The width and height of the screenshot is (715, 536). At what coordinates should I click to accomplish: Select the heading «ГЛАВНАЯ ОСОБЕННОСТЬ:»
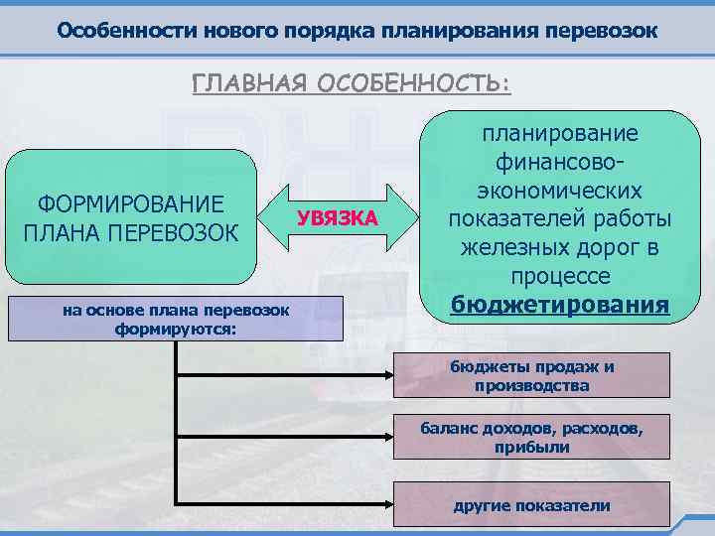pyautogui.click(x=352, y=83)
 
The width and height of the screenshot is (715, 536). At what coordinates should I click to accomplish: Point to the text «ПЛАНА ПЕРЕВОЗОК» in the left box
pyautogui.click(x=130, y=232)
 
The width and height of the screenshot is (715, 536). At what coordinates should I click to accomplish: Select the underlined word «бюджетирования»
pyautogui.click(x=560, y=303)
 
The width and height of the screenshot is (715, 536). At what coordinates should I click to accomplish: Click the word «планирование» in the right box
pyautogui.click(x=560, y=134)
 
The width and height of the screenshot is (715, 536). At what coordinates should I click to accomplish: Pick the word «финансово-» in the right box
pyautogui.click(x=560, y=162)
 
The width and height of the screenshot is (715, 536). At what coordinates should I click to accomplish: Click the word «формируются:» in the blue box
pyautogui.click(x=176, y=328)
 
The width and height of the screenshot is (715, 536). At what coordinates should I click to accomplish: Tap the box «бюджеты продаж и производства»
pyautogui.click(x=531, y=376)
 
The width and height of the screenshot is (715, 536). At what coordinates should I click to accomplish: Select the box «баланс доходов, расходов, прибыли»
pyautogui.click(x=531, y=438)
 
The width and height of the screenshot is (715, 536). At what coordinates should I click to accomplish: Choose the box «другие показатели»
pyautogui.click(x=531, y=505)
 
